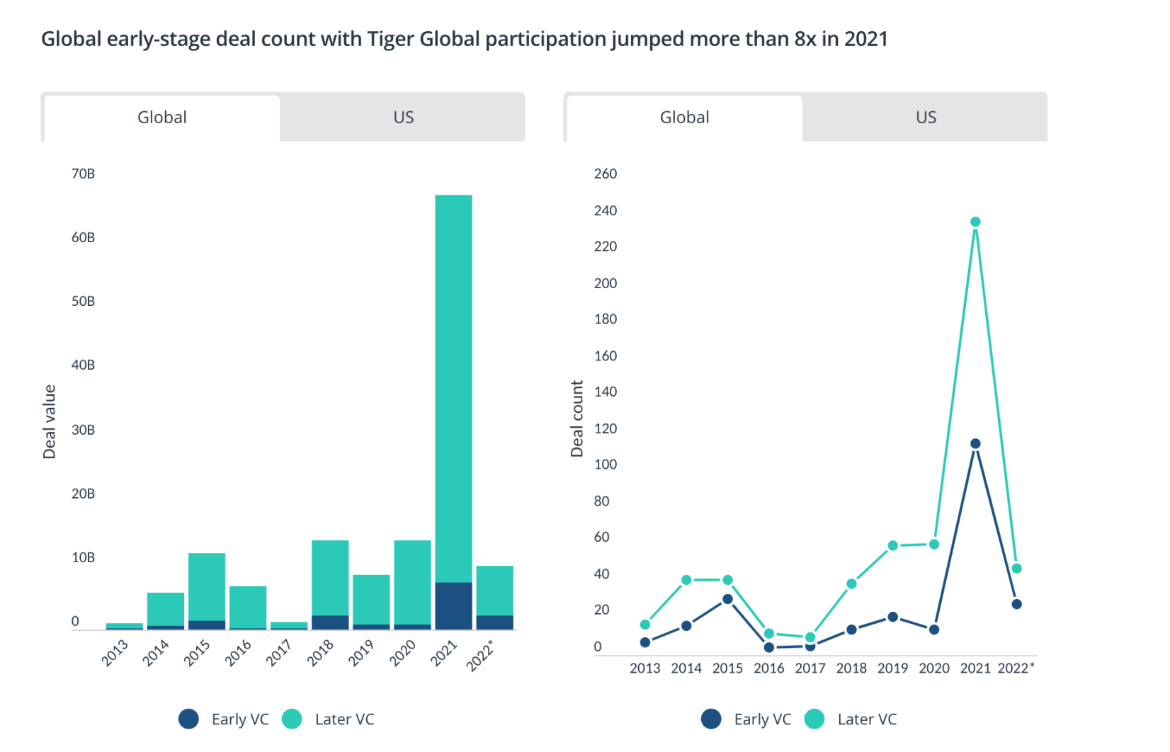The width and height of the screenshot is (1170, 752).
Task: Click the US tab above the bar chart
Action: point(403,118)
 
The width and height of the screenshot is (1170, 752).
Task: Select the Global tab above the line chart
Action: point(684,118)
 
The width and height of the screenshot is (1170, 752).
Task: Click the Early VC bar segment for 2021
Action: point(453,605)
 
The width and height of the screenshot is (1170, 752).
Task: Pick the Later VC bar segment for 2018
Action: point(330,578)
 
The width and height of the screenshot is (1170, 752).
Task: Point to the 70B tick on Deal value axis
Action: point(83,173)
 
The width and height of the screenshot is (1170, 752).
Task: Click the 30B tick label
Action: point(83,430)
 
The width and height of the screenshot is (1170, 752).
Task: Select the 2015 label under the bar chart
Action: point(197,652)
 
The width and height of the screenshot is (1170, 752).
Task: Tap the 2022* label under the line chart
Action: point(1016,668)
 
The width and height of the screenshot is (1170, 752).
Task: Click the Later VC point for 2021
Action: point(975,222)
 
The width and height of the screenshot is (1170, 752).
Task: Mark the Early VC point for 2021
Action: point(975,444)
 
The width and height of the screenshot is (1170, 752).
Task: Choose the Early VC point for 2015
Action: point(727,599)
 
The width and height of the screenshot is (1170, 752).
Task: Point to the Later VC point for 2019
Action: point(893,546)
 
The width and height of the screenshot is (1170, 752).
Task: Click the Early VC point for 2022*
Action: point(1017,604)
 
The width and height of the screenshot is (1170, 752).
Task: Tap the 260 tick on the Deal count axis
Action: point(606,173)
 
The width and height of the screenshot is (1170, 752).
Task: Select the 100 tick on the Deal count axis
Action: point(606,465)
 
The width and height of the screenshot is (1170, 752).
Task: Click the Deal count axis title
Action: point(577,418)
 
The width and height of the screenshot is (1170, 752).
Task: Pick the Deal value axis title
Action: point(50,421)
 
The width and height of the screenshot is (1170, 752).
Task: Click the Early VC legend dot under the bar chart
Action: point(189,719)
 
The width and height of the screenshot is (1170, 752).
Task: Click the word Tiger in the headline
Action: point(390,39)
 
